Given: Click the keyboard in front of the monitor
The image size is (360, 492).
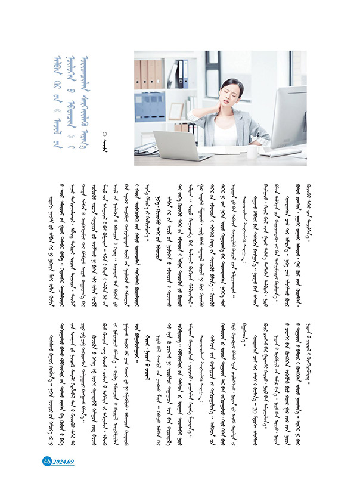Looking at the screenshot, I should click(x=281, y=153).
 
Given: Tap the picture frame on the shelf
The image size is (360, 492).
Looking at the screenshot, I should click(x=176, y=111).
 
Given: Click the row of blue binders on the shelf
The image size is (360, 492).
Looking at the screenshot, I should click(x=150, y=106).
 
